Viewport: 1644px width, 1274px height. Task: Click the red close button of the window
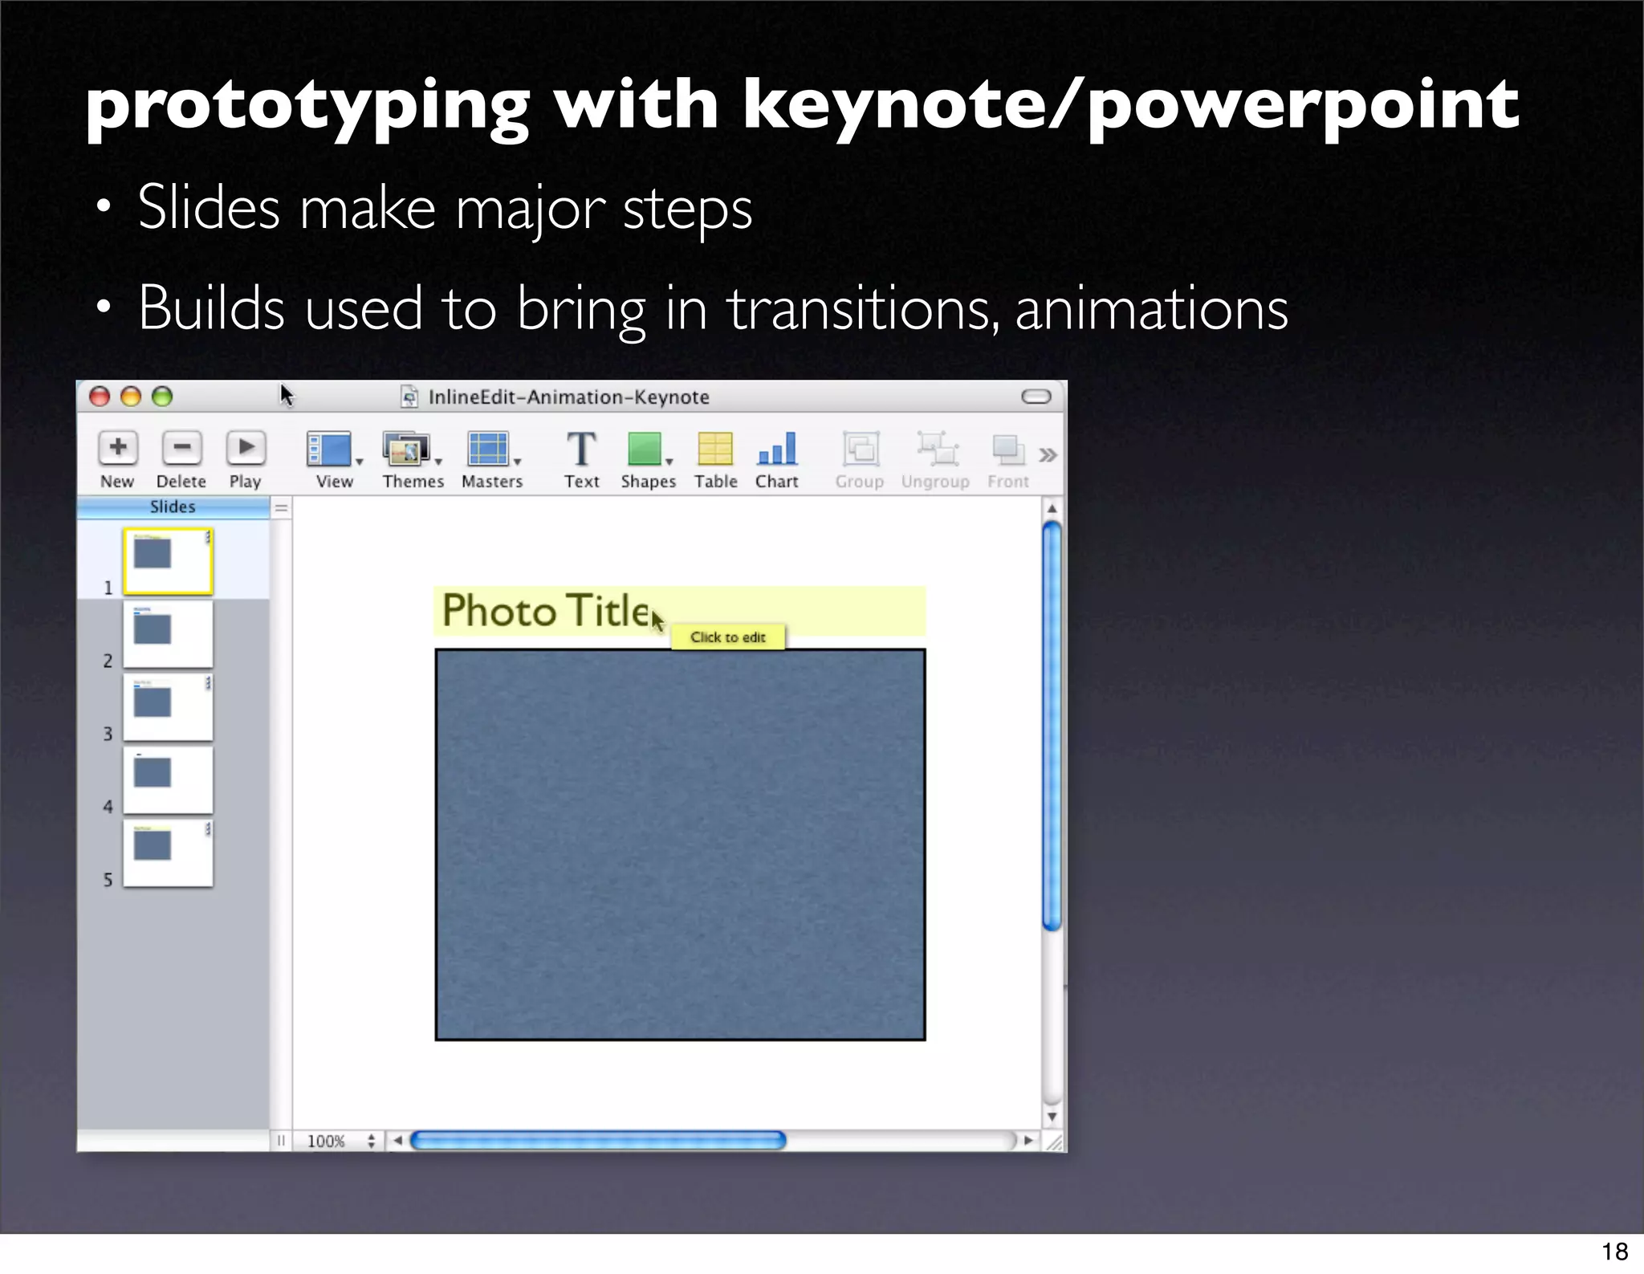tap(100, 397)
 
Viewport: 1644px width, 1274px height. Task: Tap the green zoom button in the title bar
tap(162, 397)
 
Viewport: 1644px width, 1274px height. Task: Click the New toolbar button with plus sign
tap(118, 448)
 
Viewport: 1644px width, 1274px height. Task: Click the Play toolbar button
tap(246, 448)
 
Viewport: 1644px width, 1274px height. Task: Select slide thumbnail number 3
tap(168, 707)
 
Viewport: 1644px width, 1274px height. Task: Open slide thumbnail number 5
tap(168, 853)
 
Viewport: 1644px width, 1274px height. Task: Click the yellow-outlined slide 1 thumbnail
tap(168, 561)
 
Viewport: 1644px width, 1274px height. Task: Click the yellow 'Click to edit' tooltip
tap(728, 637)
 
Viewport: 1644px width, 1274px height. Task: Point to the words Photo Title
tap(546, 611)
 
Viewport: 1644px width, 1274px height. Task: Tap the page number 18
tap(1614, 1252)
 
